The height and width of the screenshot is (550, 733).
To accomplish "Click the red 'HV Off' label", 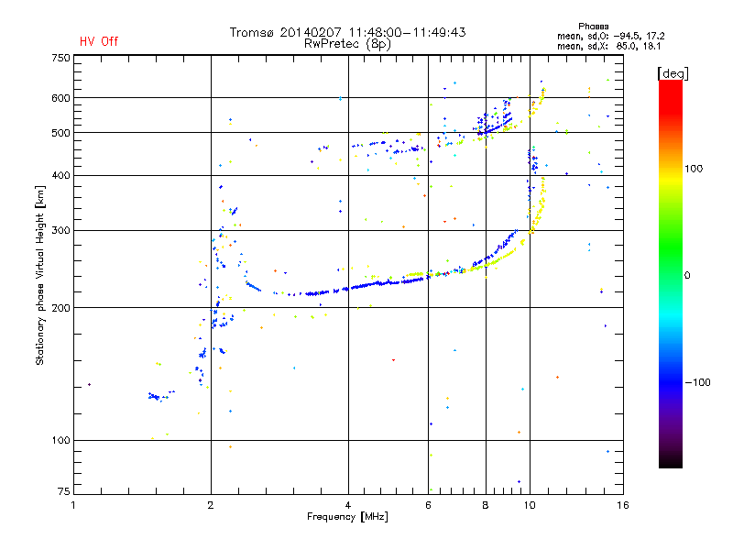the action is [99, 41].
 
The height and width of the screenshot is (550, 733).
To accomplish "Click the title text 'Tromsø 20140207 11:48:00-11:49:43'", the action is [347, 32].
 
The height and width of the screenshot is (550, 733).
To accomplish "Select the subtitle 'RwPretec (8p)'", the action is [347, 44].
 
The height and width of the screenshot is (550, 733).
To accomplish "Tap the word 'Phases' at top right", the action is [593, 27].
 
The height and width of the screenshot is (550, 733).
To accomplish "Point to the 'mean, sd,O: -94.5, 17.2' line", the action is [610, 36].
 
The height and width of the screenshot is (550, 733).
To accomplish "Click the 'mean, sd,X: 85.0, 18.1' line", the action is [608, 46].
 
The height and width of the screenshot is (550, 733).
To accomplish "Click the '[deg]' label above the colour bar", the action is [673, 73].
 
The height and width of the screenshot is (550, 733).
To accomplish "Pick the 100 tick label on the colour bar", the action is [694, 169].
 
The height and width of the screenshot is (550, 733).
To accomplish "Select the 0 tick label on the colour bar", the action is [687, 275].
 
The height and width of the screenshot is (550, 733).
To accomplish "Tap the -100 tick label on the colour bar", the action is [697, 382].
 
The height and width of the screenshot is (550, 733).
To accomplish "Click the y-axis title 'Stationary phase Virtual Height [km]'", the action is [39, 275].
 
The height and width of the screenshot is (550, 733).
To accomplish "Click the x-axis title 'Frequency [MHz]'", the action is [347, 517].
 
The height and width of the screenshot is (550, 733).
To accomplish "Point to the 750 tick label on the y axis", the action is [60, 58].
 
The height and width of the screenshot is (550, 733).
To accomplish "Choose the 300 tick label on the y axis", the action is [60, 231].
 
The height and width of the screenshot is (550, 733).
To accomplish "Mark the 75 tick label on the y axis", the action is [63, 491].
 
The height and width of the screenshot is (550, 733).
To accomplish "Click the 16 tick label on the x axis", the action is [623, 505].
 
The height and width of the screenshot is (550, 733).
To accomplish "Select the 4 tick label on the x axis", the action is [348, 505].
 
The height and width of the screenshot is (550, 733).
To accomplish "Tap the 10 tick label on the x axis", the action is [530, 505].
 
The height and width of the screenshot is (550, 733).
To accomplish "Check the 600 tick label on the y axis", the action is [60, 98].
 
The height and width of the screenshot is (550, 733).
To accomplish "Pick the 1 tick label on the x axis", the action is [73, 505].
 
